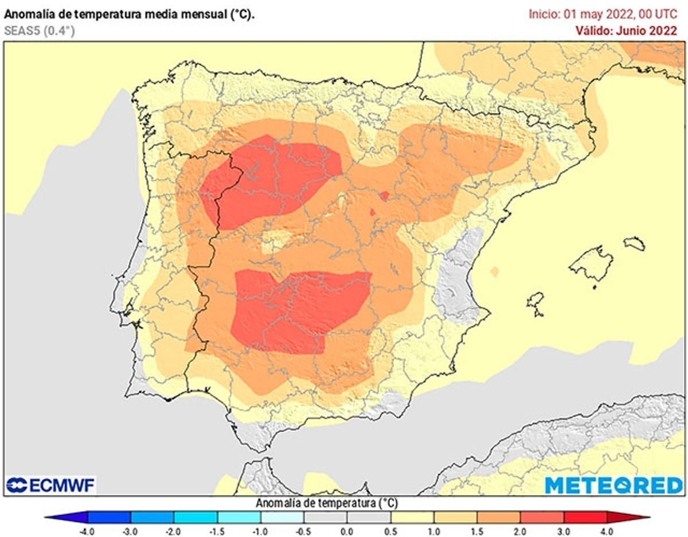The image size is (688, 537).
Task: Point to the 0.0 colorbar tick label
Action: coord(347,531)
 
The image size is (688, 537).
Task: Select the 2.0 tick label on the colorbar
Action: coord(520,531)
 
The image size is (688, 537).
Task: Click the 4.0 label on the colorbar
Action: coord(607,531)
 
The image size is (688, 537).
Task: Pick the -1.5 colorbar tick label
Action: coord(217,531)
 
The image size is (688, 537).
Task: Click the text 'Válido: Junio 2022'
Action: coord(626,31)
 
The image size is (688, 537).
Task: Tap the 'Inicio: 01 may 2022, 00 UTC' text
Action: coord(603,14)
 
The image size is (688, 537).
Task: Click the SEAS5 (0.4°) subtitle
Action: coord(40,31)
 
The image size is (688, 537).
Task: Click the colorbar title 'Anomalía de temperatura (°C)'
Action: coord(326,503)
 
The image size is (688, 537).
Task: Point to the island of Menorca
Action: coord(634,244)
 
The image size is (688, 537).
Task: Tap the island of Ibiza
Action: coord(535,303)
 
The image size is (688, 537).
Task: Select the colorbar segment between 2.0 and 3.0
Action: coord(542,517)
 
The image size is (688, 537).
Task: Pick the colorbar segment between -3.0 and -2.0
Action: coord(153,517)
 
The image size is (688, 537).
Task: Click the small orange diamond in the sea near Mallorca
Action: coord(495,271)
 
